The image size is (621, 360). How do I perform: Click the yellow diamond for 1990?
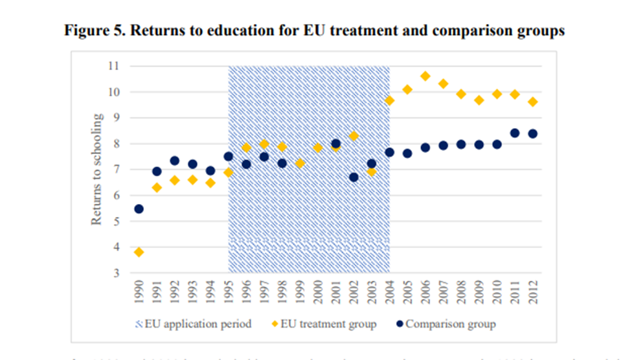tap(139, 252)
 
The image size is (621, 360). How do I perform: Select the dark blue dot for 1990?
tap(139, 208)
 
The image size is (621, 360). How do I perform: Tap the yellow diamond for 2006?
tap(425, 76)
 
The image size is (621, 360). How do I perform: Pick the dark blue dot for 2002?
tap(354, 177)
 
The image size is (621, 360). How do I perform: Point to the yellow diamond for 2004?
tap(389, 100)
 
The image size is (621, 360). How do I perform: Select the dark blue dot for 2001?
tap(335, 144)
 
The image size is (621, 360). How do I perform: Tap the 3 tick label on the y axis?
tap(117, 273)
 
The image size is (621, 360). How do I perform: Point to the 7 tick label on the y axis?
tap(117, 170)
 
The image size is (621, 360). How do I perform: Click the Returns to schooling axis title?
tap(96, 170)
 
